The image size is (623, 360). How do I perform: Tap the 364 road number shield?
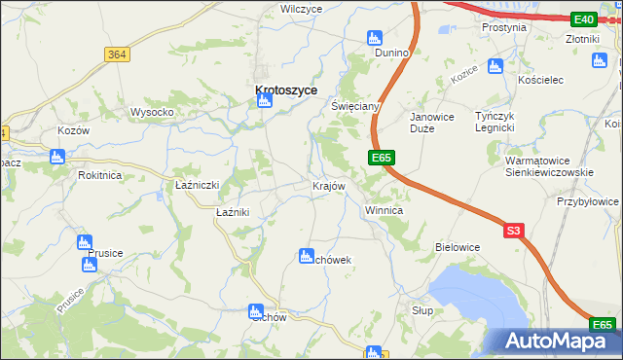117,54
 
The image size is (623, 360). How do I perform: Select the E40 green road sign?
584,19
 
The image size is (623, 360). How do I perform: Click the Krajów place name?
328,185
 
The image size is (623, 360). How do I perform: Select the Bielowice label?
458,247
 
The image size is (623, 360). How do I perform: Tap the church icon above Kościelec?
495,65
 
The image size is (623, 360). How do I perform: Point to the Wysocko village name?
152,112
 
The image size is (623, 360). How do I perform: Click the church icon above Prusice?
84,240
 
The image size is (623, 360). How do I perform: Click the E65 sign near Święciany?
382,156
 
